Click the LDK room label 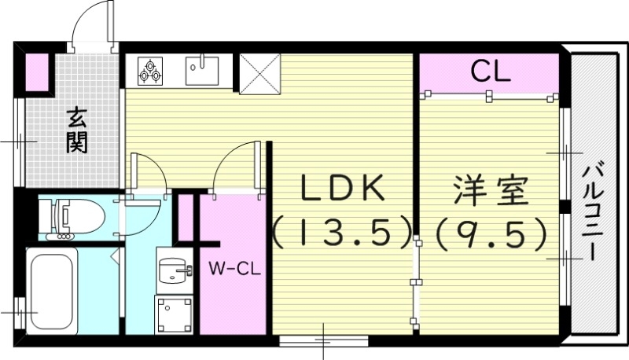(x=343, y=189)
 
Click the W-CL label (x=234, y=268)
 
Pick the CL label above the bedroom (x=491, y=73)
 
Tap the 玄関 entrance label (x=76, y=130)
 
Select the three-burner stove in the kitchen (x=150, y=70)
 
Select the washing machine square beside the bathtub (x=172, y=314)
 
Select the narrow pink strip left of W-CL (x=186, y=216)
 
